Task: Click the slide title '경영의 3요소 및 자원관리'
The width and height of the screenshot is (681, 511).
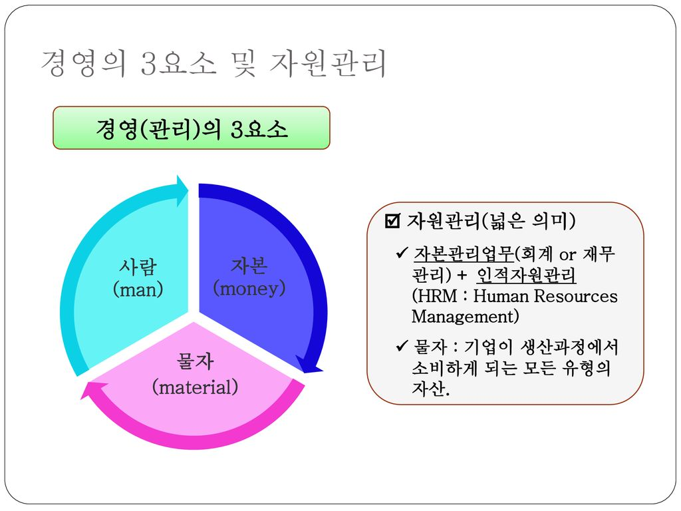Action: [213, 63]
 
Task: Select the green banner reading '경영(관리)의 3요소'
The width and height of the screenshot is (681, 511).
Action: [192, 128]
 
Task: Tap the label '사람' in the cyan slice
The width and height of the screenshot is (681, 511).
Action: [138, 266]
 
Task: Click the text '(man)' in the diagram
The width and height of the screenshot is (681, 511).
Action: [138, 289]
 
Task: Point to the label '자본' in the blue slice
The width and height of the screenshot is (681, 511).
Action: [249, 265]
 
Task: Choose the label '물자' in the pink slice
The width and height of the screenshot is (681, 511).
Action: [195, 361]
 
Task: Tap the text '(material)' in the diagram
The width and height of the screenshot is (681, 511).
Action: [196, 387]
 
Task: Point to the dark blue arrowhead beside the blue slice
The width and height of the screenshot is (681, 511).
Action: [309, 365]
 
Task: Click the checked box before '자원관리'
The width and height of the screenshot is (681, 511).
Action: [392, 221]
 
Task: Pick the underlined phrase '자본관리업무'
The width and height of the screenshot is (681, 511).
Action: [464, 254]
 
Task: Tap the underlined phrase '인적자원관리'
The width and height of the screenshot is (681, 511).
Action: [527, 275]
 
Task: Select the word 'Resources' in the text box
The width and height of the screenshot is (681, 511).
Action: [575, 296]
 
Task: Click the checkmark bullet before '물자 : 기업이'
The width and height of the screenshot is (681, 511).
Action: [402, 345]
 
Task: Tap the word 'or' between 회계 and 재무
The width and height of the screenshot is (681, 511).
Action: [568, 255]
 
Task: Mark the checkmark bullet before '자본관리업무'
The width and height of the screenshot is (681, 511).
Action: [402, 252]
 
